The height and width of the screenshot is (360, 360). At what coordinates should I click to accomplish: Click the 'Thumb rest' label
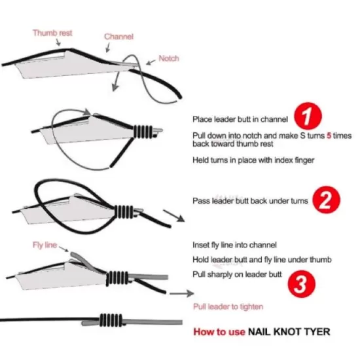(52, 32)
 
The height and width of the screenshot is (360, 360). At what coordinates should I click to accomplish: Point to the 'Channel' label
(118, 37)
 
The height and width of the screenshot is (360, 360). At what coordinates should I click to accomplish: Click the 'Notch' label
(169, 59)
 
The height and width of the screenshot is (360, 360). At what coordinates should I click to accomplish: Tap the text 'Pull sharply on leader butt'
(238, 274)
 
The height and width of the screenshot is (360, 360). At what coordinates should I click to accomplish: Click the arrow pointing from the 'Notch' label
(150, 63)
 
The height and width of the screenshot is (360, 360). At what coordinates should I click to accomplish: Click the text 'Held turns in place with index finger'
(253, 160)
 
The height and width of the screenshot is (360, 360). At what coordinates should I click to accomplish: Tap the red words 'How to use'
(219, 331)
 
